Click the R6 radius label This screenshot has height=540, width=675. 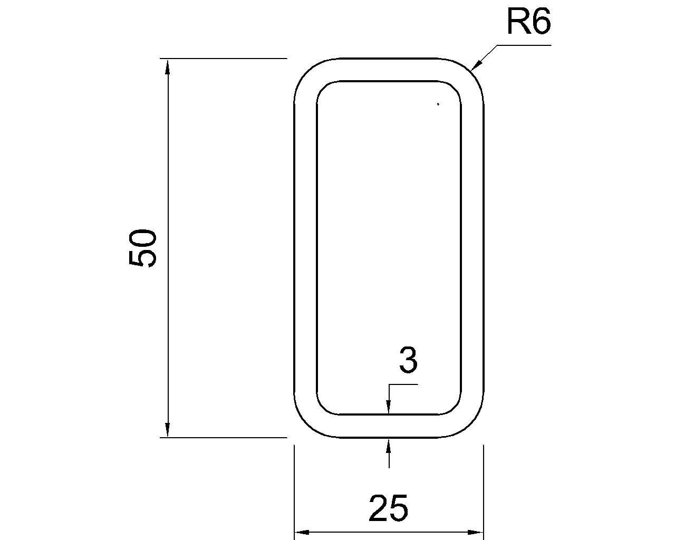click(528, 23)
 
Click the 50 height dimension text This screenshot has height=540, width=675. click(143, 248)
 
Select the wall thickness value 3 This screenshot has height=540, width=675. click(408, 362)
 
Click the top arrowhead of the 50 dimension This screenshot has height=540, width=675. click(168, 66)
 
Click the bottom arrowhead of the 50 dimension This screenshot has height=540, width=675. click(168, 429)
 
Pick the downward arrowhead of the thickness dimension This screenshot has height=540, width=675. click(389, 408)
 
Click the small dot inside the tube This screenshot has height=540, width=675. click(438, 104)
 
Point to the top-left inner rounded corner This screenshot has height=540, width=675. click(322, 88)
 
